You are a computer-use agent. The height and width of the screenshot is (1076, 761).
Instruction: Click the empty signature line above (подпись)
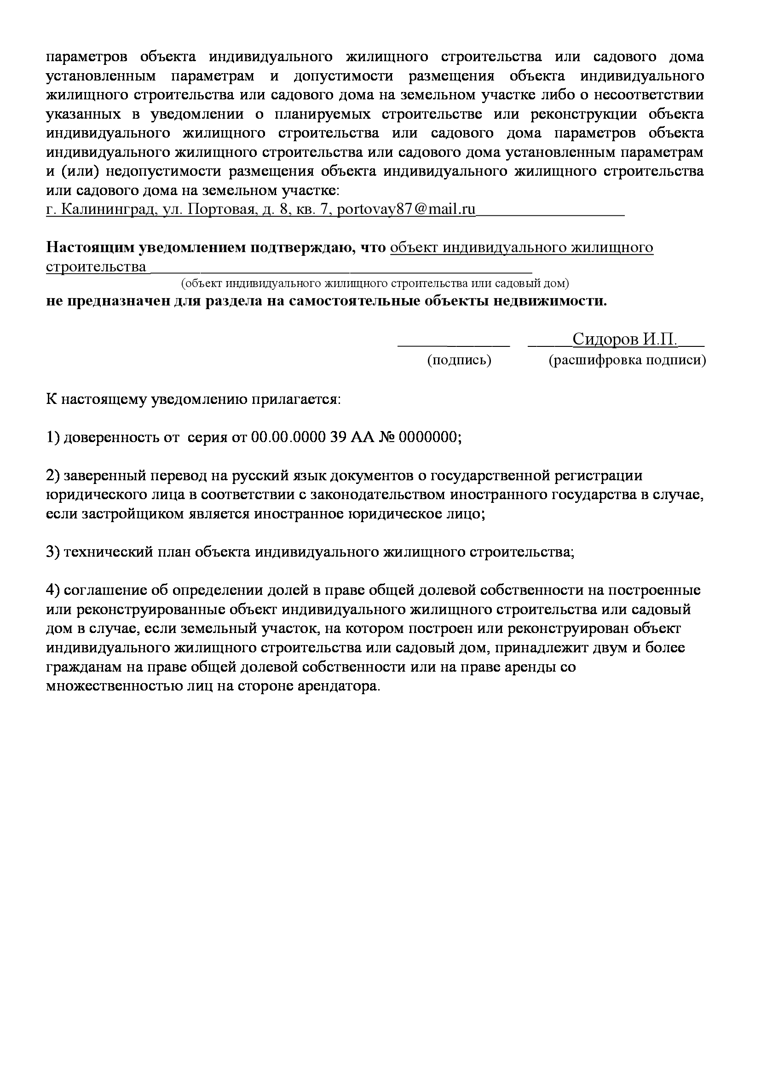point(453,343)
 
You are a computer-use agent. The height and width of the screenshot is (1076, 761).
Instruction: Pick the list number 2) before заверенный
point(53,476)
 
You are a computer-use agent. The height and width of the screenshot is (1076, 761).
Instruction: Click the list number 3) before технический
point(53,552)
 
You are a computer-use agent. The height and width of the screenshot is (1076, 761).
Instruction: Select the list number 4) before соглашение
point(53,591)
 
